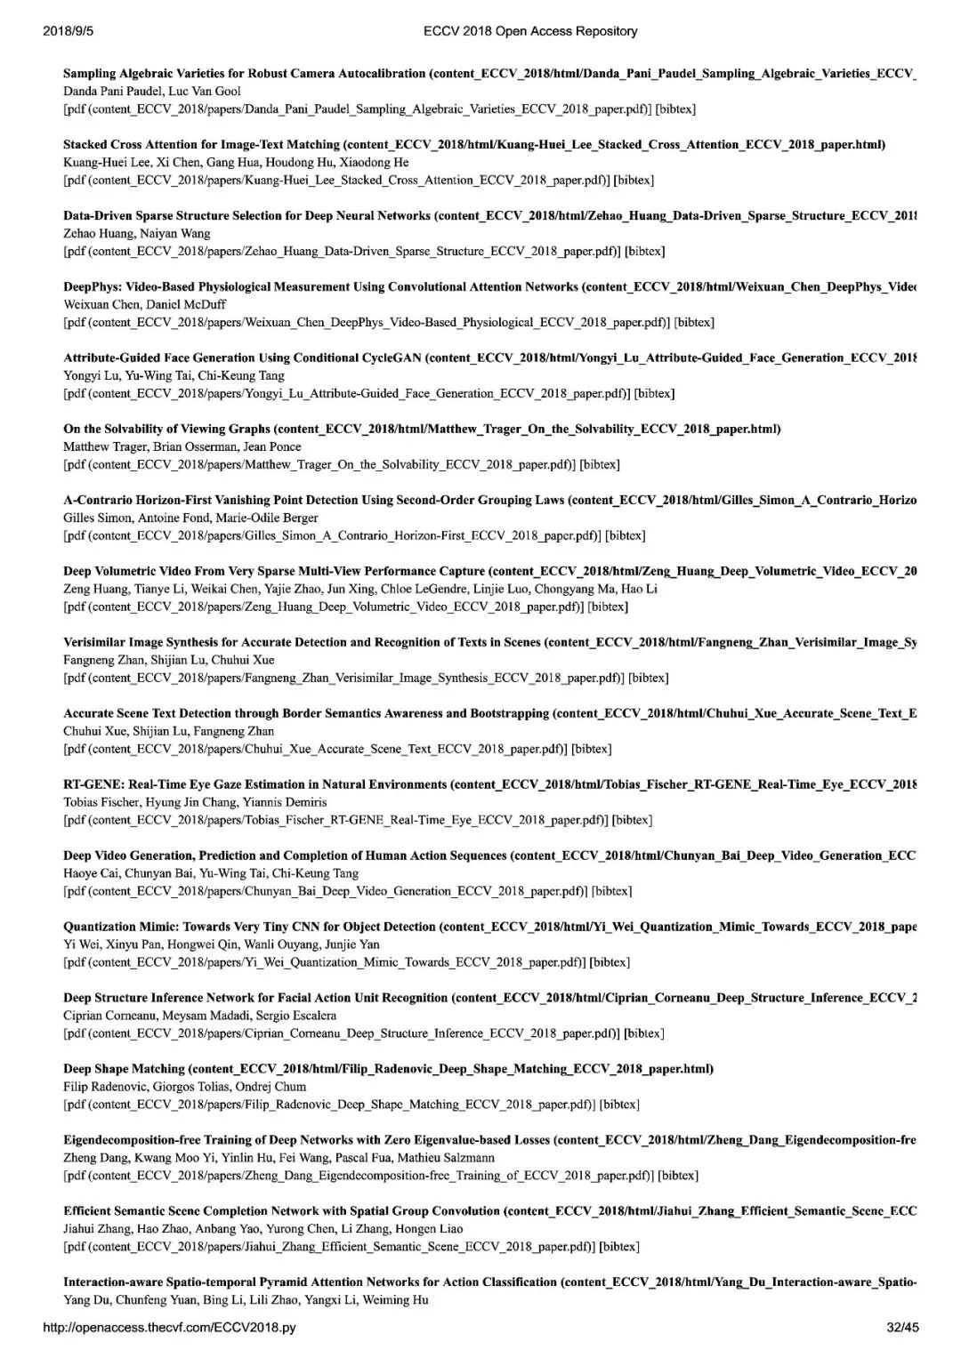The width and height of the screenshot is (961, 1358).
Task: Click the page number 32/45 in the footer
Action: click(x=902, y=1328)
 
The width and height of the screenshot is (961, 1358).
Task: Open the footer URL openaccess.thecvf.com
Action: click(x=169, y=1328)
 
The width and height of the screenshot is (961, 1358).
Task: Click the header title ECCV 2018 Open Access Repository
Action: click(x=530, y=31)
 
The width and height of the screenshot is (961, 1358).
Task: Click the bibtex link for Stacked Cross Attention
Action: click(x=634, y=180)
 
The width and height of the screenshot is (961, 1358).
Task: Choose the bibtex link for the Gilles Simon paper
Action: click(x=626, y=535)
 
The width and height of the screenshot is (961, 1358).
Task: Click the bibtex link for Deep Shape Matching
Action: click(x=619, y=1105)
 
